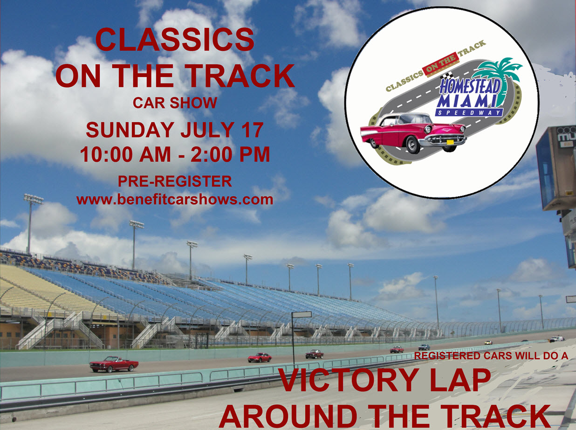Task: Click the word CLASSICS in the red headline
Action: [x=175, y=40]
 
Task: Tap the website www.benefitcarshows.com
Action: [x=175, y=200]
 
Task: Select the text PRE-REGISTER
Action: [x=175, y=181]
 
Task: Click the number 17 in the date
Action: [x=253, y=130]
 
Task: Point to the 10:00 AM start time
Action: [x=125, y=154]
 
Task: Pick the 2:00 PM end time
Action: [x=230, y=154]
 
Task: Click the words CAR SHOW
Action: [x=175, y=103]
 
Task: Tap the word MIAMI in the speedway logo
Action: [x=466, y=101]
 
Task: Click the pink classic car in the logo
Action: [x=413, y=132]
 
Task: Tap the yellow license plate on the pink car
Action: [x=450, y=142]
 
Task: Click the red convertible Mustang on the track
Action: [x=114, y=364]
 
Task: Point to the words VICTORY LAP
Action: [x=385, y=380]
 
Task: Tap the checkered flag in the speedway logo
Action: [x=447, y=76]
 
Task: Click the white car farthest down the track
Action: [x=557, y=339]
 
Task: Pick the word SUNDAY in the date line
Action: [x=130, y=130]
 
